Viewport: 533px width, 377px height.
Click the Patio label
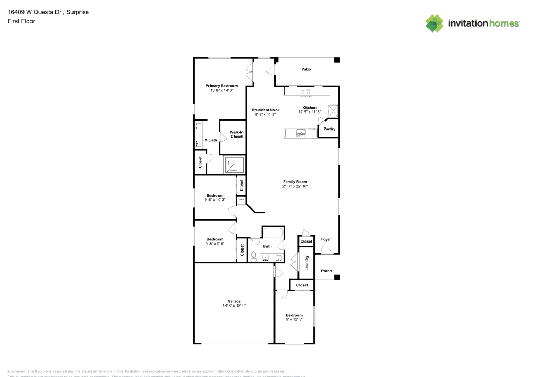[306, 69]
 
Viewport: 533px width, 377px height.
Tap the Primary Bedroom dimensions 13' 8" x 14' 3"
[222, 91]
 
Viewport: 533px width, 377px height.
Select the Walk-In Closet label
[236, 134]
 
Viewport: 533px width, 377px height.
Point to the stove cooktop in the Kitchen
[306, 92]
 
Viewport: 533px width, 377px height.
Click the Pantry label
[329, 129]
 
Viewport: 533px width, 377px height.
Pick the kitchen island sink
[301, 133]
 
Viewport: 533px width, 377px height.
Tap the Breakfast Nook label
[265, 110]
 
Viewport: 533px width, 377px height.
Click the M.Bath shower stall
[234, 165]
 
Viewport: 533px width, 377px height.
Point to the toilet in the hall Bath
[254, 256]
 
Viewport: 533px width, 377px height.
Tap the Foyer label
[326, 239]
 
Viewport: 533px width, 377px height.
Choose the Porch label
[326, 271]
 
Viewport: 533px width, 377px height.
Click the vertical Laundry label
[306, 263]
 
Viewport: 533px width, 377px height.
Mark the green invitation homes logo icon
[435, 23]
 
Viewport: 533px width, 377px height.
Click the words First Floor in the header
[21, 21]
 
